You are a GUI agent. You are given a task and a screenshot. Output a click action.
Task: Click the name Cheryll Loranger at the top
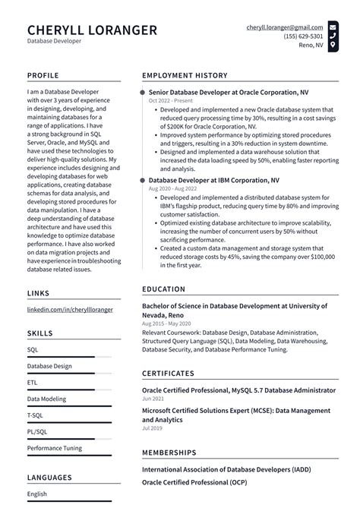click(92, 30)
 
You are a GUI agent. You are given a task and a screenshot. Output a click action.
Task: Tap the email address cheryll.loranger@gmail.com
click(285, 27)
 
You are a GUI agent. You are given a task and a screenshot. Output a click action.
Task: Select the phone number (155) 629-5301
click(303, 36)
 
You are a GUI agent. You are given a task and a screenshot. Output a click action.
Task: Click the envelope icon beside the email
click(333, 27)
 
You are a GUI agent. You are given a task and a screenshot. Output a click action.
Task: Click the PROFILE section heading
click(44, 76)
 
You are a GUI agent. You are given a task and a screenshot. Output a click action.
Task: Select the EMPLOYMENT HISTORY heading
click(185, 76)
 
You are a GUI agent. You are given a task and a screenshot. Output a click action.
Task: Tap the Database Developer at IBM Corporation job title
click(213, 181)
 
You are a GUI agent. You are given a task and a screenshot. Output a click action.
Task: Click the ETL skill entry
click(32, 383)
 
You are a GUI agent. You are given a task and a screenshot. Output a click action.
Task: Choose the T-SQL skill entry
click(36, 415)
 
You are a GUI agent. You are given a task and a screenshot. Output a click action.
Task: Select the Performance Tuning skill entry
click(55, 448)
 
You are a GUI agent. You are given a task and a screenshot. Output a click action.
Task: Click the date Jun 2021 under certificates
click(153, 399)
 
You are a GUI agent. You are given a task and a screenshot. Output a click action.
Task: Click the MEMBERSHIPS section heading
click(169, 453)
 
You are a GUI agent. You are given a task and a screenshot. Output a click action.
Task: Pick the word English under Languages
click(37, 494)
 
